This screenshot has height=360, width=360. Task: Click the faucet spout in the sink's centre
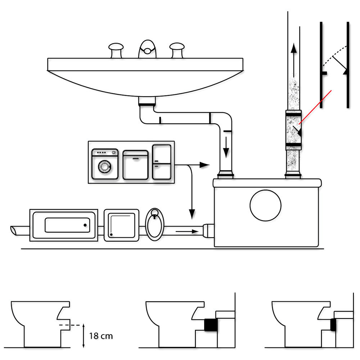point(147,49)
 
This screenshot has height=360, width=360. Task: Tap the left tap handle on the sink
point(116,50)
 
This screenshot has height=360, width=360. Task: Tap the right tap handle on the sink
point(177,50)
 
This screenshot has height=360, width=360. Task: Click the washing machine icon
point(105,164)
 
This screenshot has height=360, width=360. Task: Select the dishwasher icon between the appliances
point(135,165)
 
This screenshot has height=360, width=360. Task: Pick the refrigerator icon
point(162,162)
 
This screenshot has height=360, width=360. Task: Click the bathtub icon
point(64,225)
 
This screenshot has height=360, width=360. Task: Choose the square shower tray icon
point(121,225)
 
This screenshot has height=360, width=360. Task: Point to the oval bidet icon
point(154,224)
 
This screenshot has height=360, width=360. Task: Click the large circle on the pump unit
point(265,206)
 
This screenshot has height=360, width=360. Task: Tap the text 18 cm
point(101,336)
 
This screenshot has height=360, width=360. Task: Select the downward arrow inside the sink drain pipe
point(226,147)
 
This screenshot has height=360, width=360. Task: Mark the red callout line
point(315,107)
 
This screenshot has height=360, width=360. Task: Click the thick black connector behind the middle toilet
point(211,325)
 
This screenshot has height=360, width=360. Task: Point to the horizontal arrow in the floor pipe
point(187,231)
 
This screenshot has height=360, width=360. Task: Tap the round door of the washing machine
point(105,166)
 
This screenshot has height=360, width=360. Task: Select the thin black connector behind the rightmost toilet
point(333,325)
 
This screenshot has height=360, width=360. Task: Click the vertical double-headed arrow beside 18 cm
point(84,336)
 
